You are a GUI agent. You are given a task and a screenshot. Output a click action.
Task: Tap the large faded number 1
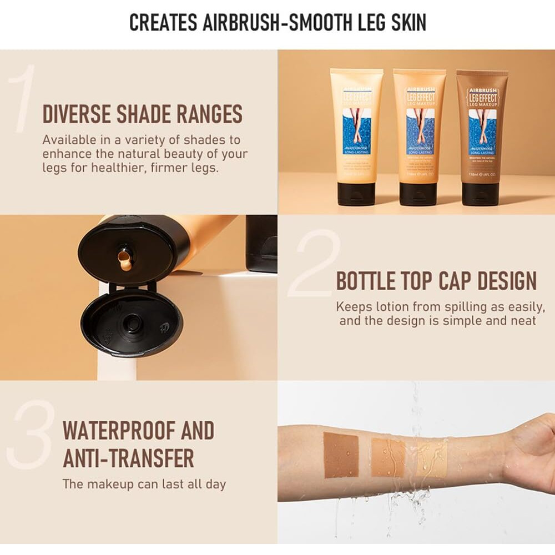tap(22, 100)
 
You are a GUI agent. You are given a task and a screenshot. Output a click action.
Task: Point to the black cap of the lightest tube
tap(356, 194)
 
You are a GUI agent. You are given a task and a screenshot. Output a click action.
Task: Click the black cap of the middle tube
tap(418, 194)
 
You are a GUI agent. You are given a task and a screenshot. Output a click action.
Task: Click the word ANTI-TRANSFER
tap(128, 458)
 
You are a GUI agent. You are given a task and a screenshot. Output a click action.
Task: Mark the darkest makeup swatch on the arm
tap(341, 455)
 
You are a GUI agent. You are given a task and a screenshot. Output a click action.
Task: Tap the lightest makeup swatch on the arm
tap(432, 458)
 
